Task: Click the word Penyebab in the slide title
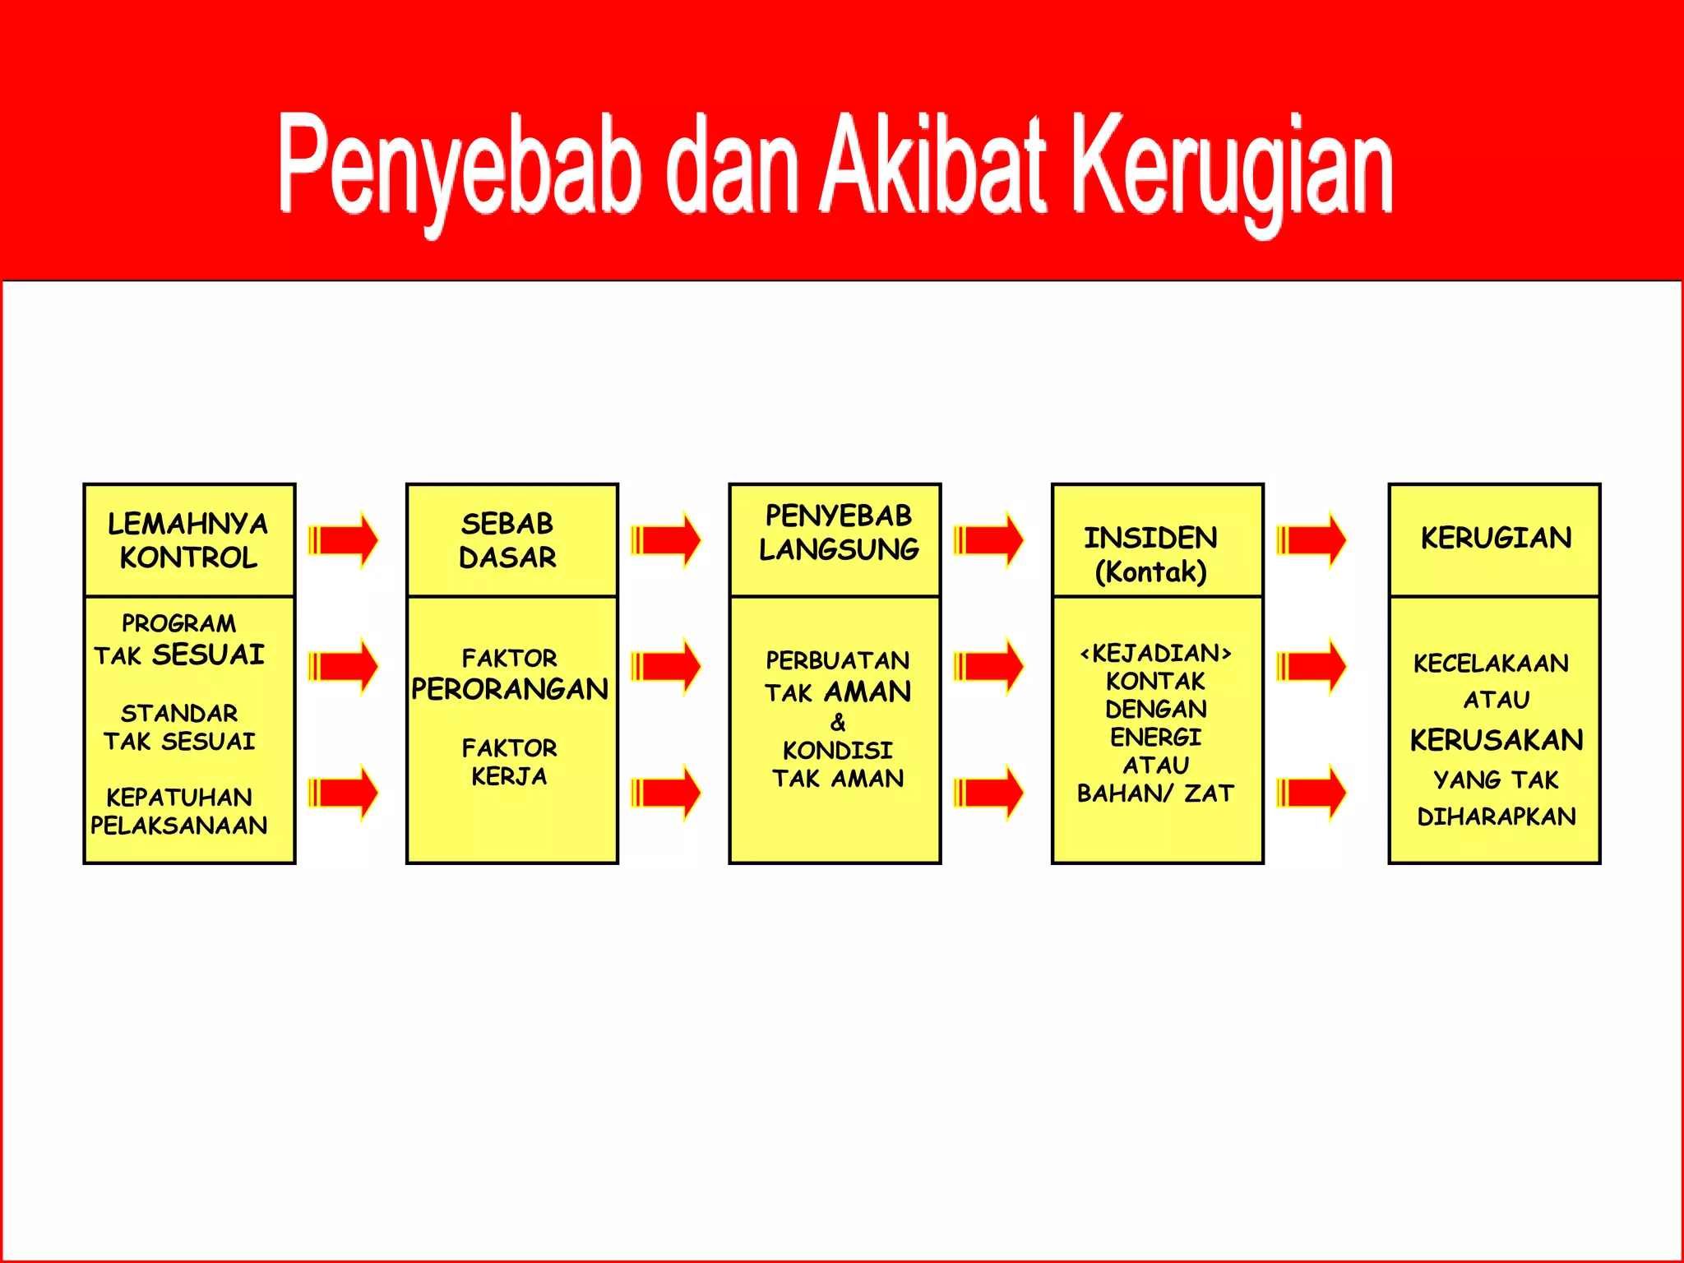point(459,164)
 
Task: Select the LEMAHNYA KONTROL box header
point(188,540)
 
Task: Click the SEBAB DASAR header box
point(508,540)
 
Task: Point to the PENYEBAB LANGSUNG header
point(839,533)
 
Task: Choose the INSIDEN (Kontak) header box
point(1151,554)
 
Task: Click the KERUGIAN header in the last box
point(1496,538)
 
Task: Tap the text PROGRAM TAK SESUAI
point(179,640)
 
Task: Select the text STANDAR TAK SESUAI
point(179,727)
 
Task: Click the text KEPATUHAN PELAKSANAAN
point(179,811)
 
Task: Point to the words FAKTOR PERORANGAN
point(510,674)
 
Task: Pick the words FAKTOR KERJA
point(510,762)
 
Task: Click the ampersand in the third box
point(838,723)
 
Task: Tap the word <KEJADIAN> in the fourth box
point(1156,653)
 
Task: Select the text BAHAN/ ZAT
point(1156,793)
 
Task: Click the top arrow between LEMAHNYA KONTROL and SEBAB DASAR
point(344,540)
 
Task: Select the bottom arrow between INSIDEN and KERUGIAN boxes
point(1312,793)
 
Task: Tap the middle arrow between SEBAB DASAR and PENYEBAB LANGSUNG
point(666,666)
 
